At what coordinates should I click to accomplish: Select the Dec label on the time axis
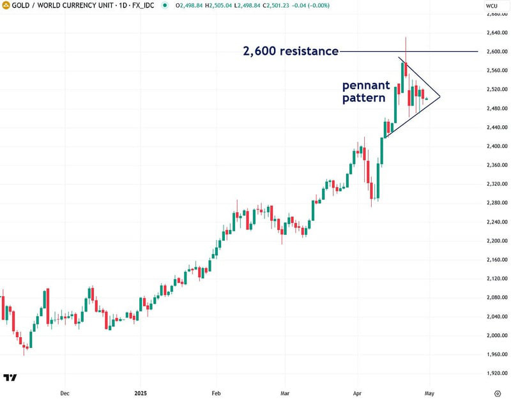[x=64, y=394]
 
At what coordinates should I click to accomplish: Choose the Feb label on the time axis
[x=216, y=394]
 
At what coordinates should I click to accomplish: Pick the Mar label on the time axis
[x=285, y=394]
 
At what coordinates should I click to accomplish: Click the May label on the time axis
[x=430, y=394]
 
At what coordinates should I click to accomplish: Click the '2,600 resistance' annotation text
[x=291, y=51]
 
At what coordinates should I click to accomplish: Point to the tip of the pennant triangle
[x=440, y=97]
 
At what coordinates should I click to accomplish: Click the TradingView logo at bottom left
[x=10, y=377]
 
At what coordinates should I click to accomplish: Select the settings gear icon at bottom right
[x=497, y=393]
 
